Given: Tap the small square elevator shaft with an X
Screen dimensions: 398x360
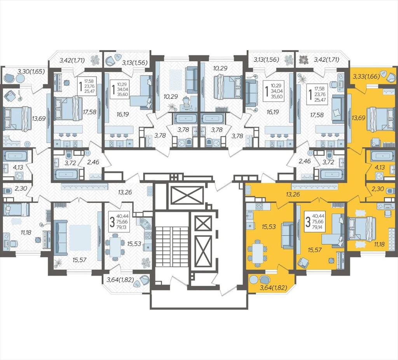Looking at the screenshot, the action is [202, 224].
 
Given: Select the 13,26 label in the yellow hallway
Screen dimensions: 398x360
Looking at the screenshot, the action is [293, 194].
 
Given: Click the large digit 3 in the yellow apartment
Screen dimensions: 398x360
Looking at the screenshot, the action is [308, 222].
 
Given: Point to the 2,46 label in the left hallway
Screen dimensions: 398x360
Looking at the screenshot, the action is [93, 161].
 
